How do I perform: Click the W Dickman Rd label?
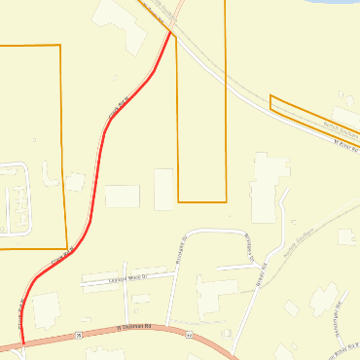click(x=135, y=328)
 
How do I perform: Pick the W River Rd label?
click(x=346, y=147)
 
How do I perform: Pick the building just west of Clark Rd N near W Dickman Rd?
click(x=45, y=310)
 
